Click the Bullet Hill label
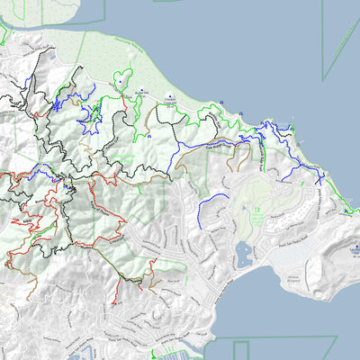pos(141,92)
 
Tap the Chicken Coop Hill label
pos(168,103)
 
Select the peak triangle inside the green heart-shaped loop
pos(121,81)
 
